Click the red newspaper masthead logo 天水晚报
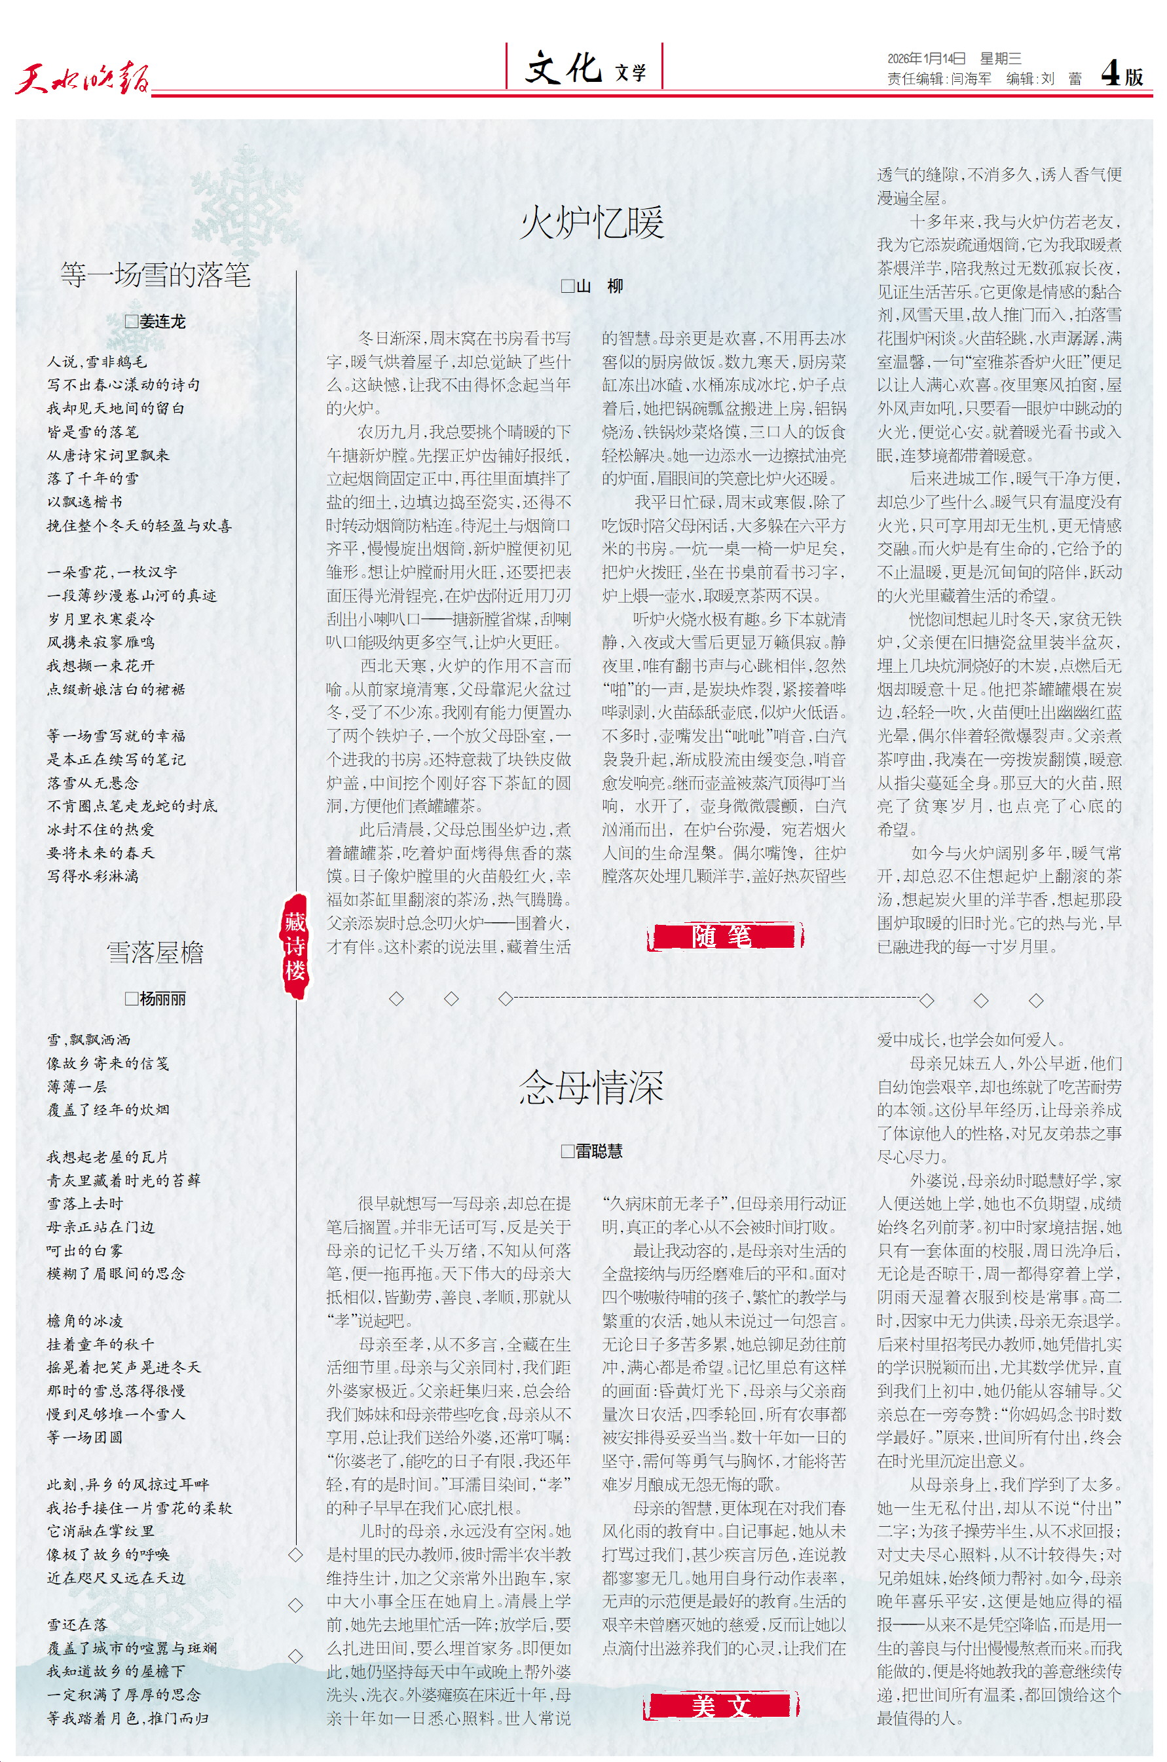82,77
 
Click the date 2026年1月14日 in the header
926,59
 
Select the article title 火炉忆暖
592,223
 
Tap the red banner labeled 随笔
724,936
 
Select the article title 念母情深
592,1087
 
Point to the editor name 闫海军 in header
971,79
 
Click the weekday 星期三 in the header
999,59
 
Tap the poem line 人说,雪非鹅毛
97,362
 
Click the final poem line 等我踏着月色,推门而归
127,1718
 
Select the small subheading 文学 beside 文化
631,73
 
